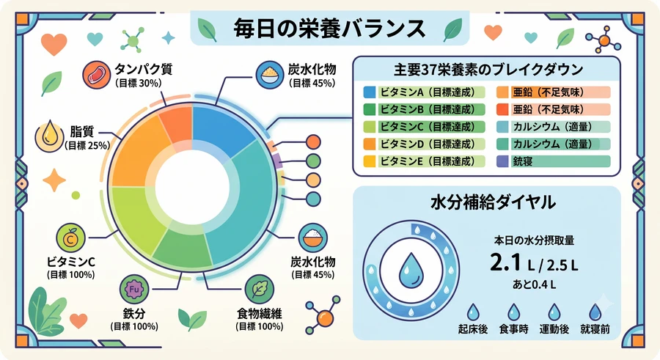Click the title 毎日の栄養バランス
329,29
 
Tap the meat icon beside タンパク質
96,74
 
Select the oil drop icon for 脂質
50,137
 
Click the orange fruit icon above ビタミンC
70,238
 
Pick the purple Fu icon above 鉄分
134,290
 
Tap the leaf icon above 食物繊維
260,290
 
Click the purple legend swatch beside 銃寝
502,161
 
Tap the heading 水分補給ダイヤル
493,202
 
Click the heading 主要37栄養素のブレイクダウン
488,70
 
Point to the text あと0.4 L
534,284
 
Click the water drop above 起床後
473,312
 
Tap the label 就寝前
595,329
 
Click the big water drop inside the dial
411,270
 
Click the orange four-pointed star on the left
54,180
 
